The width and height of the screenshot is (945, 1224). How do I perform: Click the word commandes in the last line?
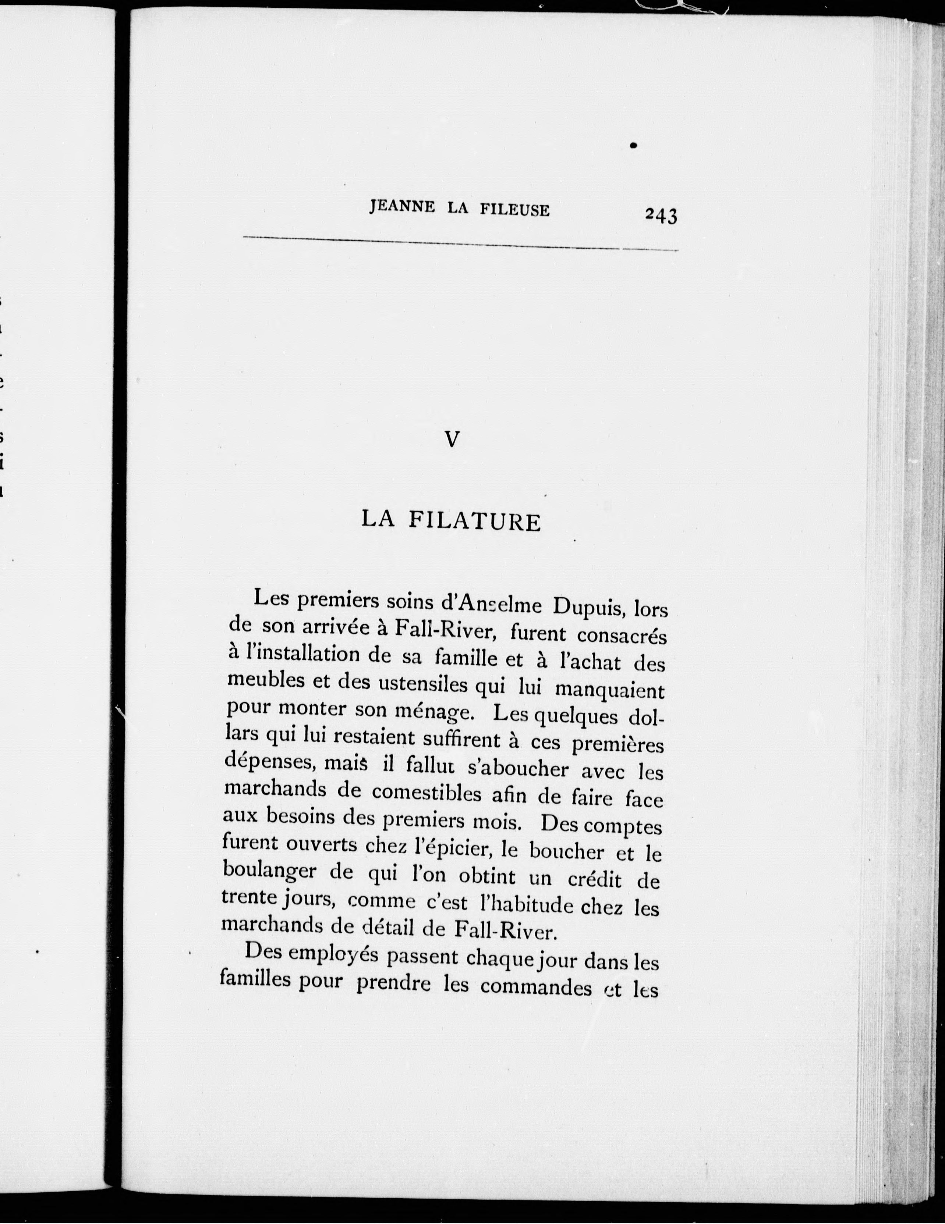[535, 988]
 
